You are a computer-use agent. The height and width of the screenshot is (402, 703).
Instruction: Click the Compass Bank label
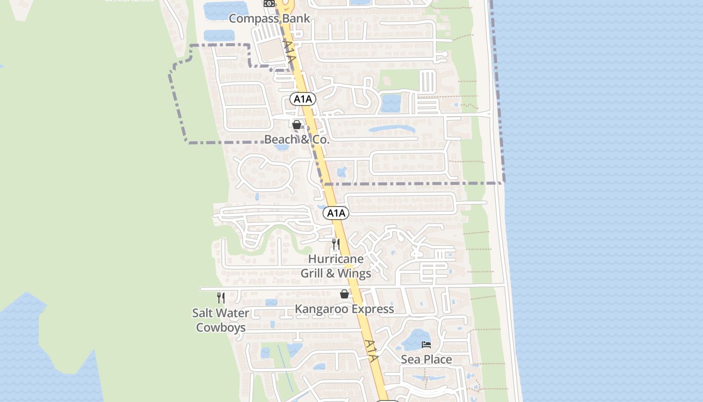[269, 19]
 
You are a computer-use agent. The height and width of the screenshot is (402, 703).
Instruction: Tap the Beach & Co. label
[297, 139]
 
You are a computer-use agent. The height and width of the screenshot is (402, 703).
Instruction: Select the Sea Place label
[426, 359]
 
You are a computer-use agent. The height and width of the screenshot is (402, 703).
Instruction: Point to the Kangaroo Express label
[344, 309]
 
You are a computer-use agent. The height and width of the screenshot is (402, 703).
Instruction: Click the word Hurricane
[336, 259]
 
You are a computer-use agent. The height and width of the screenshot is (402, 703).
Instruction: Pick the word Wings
[355, 273]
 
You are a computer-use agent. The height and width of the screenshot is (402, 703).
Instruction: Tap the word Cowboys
[220, 328]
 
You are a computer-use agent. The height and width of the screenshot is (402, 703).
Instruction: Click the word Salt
[204, 313]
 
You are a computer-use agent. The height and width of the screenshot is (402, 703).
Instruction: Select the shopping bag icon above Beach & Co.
[297, 125]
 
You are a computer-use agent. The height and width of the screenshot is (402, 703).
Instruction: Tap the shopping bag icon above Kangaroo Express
[344, 294]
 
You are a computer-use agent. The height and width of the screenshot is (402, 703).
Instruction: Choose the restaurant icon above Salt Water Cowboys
[220, 298]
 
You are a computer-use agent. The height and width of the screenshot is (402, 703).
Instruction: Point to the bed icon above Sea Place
[426, 345]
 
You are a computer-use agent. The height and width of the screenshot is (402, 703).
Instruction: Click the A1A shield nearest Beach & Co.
[303, 99]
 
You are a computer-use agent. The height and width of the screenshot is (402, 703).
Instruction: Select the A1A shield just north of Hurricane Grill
[336, 213]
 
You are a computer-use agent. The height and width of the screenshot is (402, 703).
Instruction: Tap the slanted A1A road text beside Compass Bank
[290, 51]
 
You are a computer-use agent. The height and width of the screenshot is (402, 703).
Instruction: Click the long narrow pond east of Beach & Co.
[392, 129]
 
